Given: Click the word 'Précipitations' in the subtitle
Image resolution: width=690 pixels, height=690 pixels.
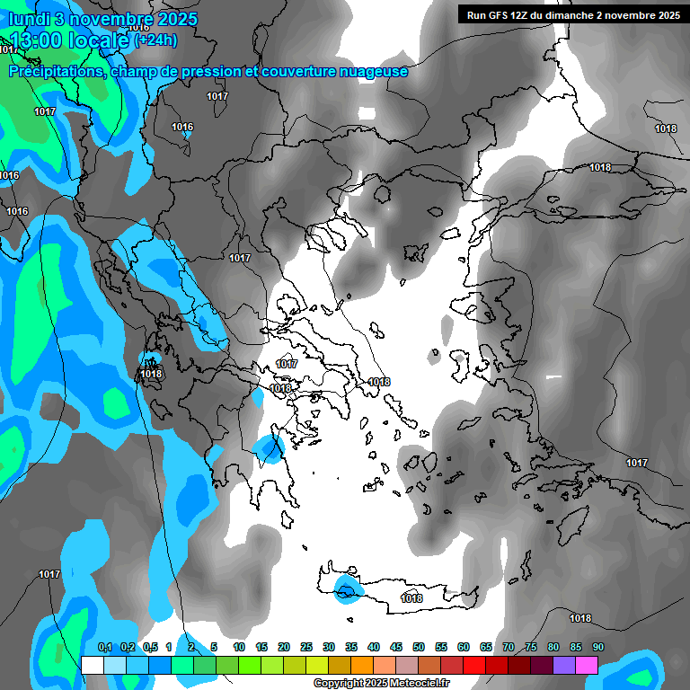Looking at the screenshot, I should pyautogui.click(x=55, y=71).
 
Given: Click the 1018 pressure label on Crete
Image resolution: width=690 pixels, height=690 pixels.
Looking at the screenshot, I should pyautogui.click(x=411, y=598).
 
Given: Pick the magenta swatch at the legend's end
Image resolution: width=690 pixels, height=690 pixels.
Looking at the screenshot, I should pyautogui.click(x=587, y=665).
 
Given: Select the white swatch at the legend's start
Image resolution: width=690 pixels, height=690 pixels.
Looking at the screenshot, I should pyautogui.click(x=92, y=665).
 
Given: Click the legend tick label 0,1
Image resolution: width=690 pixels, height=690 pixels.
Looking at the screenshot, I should pyautogui.click(x=105, y=648).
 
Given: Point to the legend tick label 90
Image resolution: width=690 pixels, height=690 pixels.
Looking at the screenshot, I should pyautogui.click(x=597, y=648).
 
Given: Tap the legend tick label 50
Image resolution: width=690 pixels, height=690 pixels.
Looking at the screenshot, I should pyautogui.click(x=419, y=648).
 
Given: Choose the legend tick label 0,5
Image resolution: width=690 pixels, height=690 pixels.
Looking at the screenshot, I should pyautogui.click(x=150, y=648).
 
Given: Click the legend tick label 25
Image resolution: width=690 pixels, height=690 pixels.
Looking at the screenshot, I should pyautogui.click(x=306, y=648).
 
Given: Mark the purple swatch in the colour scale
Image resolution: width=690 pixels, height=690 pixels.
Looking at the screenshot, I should pyautogui.click(x=564, y=665).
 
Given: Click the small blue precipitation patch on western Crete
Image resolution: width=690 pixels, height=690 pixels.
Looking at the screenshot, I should pyautogui.click(x=347, y=589).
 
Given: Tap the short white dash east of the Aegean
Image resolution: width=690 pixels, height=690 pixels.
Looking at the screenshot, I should pyautogui.click(x=553, y=376).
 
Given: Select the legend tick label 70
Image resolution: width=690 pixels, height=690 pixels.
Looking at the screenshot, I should pyautogui.click(x=509, y=648).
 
